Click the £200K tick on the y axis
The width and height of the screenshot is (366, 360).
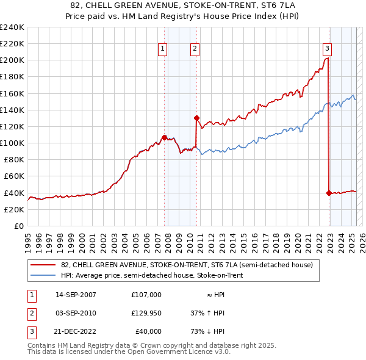pyautogui.click(x=12, y=60)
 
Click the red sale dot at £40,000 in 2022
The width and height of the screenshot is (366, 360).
pyautogui.click(x=329, y=193)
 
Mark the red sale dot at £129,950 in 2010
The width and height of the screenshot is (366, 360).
pyautogui.click(x=196, y=118)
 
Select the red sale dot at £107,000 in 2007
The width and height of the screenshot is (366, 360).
pyautogui.click(x=164, y=137)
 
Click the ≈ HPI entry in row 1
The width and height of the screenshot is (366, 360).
pyautogui.click(x=215, y=294)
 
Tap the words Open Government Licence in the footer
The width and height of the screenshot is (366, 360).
pyautogui.click(x=194, y=353)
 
